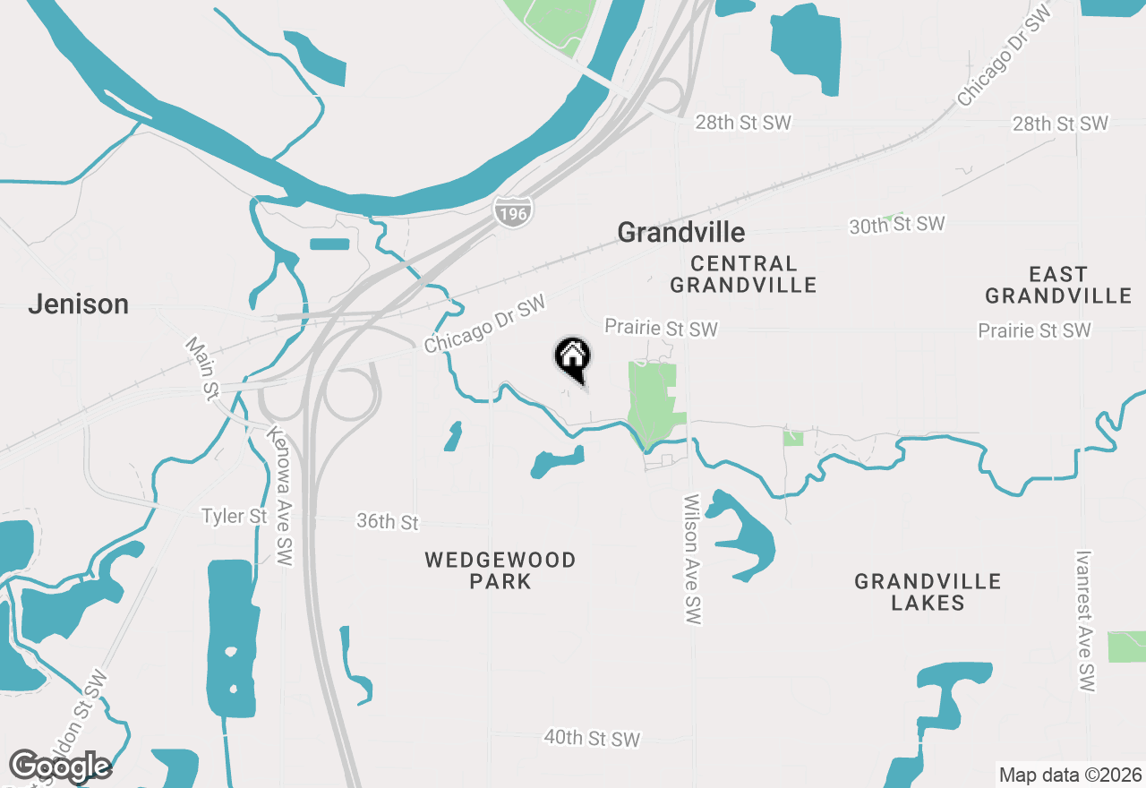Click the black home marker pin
click(573, 357)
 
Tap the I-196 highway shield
click(512, 212)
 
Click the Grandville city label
click(680, 233)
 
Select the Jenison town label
click(78, 304)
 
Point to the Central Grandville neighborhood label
click(743, 274)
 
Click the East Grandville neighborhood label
click(1058, 285)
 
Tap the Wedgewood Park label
click(500, 570)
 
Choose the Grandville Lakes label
click(928, 592)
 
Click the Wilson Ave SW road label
click(692, 560)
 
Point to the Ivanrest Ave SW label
click(1086, 621)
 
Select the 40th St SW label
click(592, 739)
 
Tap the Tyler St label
click(234, 517)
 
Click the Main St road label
click(202, 367)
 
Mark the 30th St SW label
click(897, 225)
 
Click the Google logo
click(60, 767)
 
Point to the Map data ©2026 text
click(1070, 775)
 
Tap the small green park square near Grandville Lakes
click(793, 437)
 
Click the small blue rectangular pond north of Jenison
click(329, 244)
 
